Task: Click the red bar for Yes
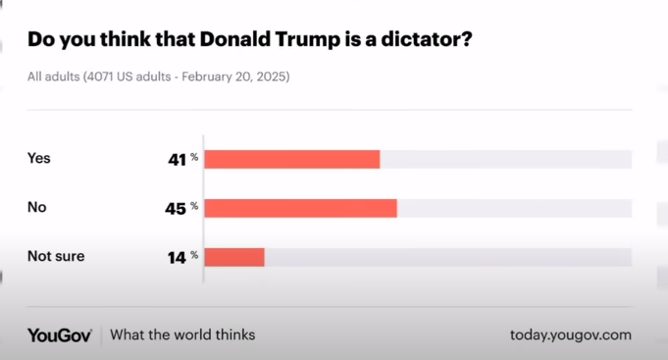[x=291, y=160]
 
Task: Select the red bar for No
[x=300, y=208]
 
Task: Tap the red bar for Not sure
[x=234, y=257]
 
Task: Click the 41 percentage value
[x=176, y=159]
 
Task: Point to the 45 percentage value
[x=176, y=207]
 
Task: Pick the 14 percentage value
[x=176, y=256]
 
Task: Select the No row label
[x=37, y=207]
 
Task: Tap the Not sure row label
[x=56, y=256]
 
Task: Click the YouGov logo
[x=60, y=335]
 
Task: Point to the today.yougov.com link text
[x=570, y=335]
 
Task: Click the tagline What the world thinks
[x=182, y=335]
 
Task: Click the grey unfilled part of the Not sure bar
[x=447, y=257]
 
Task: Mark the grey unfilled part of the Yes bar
[x=505, y=160]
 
